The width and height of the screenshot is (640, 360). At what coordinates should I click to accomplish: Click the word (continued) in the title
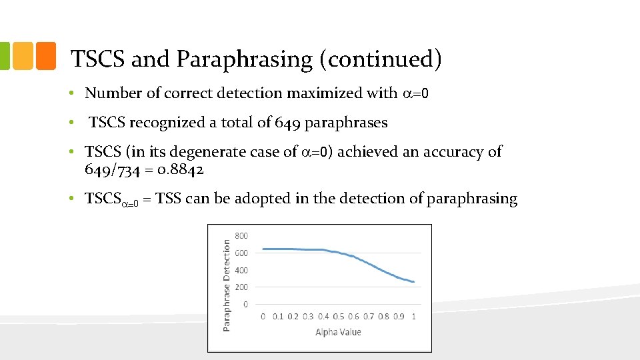point(381,60)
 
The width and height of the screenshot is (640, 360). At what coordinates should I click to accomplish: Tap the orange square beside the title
point(45,56)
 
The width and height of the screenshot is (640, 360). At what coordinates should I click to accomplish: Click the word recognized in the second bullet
point(165,123)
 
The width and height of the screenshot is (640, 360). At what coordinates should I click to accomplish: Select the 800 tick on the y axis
point(241,236)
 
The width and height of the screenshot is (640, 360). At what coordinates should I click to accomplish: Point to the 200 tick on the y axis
point(241,287)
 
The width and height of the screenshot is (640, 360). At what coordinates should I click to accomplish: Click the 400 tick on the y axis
point(241,270)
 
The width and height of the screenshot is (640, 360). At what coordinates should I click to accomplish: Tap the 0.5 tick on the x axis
point(339,316)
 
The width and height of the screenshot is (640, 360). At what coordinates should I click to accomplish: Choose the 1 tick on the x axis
point(414,316)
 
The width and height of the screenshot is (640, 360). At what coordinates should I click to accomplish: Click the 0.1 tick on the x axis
point(278,316)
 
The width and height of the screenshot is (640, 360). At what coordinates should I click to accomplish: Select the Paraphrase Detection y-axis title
point(227,286)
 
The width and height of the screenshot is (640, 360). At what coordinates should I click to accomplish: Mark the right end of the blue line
point(414,282)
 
